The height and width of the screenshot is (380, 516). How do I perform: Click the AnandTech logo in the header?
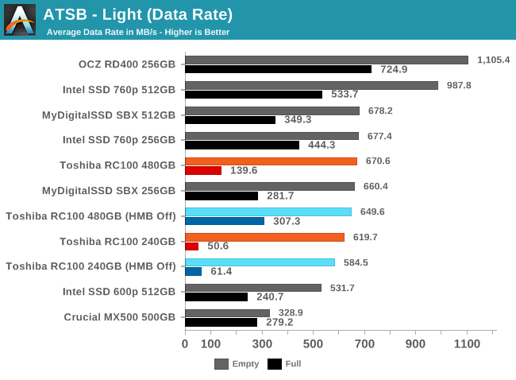point(20,20)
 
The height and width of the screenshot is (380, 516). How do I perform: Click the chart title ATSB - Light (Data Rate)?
point(137,14)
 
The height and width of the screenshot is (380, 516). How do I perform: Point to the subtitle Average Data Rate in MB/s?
point(138,32)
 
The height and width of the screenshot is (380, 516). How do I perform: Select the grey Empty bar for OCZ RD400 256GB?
point(326,60)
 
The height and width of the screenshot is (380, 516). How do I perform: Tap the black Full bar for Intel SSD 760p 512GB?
point(253,95)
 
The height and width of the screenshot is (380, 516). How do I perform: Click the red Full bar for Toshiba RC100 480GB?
point(202,170)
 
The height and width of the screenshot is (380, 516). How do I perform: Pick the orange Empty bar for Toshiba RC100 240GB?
point(264,237)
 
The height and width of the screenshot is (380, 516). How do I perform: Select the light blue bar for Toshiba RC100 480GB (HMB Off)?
point(268,211)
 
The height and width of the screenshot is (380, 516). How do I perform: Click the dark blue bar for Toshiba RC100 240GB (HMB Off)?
point(193,272)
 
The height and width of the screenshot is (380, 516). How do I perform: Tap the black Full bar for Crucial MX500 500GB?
point(221,322)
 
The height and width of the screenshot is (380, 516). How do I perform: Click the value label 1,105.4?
point(493,60)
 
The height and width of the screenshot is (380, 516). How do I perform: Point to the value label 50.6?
point(218,246)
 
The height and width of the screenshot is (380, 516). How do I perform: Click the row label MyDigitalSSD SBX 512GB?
point(109,115)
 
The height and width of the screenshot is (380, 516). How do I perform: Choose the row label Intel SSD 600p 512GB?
point(119,292)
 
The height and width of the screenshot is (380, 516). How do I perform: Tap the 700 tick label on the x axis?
point(364,344)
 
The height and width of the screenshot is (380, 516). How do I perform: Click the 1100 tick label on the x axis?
point(467,344)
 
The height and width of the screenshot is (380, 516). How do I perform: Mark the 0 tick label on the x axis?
point(185,344)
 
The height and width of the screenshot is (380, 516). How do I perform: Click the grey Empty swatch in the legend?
point(221,364)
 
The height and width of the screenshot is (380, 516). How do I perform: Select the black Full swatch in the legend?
point(275,364)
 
